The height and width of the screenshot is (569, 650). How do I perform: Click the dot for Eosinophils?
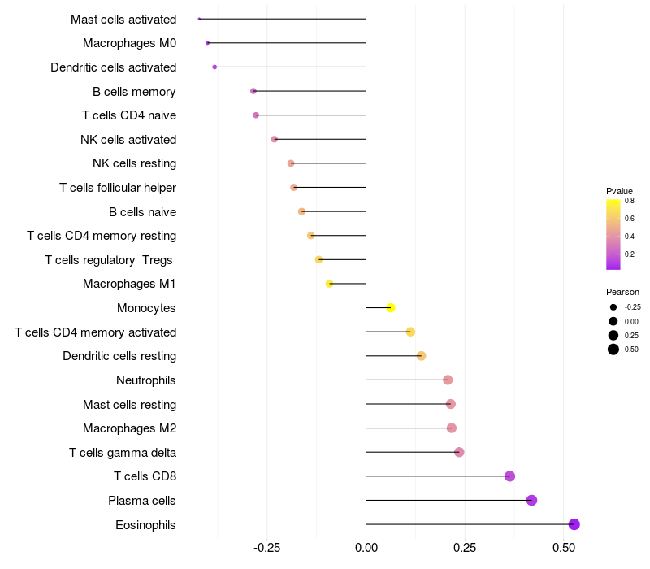click(574, 524)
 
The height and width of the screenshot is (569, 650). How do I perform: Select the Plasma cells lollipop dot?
click(531, 500)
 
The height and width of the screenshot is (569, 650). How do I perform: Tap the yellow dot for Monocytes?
click(391, 307)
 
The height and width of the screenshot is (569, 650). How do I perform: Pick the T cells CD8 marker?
click(509, 476)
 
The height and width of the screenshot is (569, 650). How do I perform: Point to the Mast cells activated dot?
click(199, 19)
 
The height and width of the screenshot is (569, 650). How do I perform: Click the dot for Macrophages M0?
click(207, 42)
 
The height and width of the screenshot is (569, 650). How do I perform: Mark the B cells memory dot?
click(253, 91)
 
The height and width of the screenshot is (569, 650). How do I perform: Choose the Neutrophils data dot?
click(448, 380)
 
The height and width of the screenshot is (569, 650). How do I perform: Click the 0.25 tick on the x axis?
click(466, 549)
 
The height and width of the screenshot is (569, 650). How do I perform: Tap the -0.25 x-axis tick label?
click(267, 549)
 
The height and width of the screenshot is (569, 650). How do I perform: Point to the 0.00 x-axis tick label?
click(366, 549)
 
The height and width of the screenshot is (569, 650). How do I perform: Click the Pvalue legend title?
click(619, 191)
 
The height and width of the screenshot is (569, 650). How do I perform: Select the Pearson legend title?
click(622, 292)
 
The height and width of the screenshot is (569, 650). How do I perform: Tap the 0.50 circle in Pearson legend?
click(613, 350)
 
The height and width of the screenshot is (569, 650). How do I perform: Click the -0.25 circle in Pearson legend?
click(613, 307)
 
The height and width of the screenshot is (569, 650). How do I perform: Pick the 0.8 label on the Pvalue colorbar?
click(630, 200)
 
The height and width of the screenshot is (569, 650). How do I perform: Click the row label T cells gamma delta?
click(123, 452)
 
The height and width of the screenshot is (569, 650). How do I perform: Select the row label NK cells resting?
click(134, 163)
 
